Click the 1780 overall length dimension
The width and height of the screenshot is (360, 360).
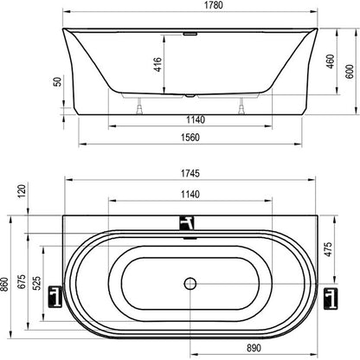[214, 5]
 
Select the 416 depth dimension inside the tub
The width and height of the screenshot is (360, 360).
[158, 64]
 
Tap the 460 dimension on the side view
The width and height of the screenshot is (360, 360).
[331, 61]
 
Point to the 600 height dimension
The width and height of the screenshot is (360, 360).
[350, 72]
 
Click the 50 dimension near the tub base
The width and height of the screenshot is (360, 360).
[58, 81]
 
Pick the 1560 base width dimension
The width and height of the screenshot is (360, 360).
[190, 138]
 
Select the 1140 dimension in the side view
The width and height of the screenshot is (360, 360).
[196, 119]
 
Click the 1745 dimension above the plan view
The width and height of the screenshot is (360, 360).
[190, 173]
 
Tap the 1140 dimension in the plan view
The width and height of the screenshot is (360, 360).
[190, 194]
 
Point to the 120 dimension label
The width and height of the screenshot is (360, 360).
[22, 190]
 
